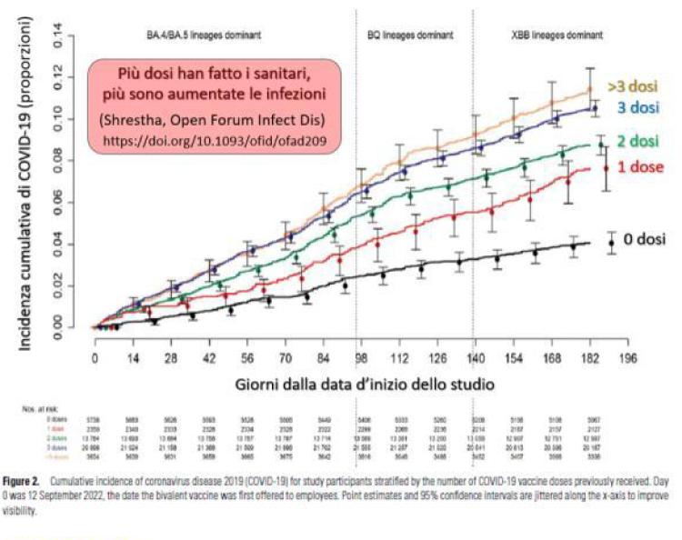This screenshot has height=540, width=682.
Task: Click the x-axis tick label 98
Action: click(361, 358)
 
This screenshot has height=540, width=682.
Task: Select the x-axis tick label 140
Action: click(475, 358)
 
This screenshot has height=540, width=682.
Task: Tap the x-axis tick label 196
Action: click(626, 358)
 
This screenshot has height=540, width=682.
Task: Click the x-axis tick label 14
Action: click(134, 358)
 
